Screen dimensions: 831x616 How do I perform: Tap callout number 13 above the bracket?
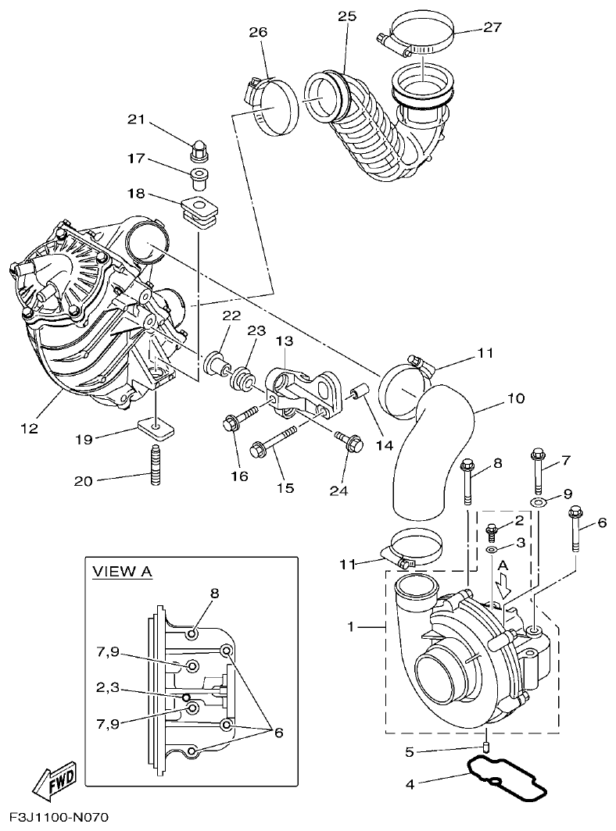284,341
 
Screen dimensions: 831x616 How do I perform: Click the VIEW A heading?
121,572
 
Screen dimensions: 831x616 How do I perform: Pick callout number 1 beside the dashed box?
352,626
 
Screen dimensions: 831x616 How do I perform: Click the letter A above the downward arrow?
503,565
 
